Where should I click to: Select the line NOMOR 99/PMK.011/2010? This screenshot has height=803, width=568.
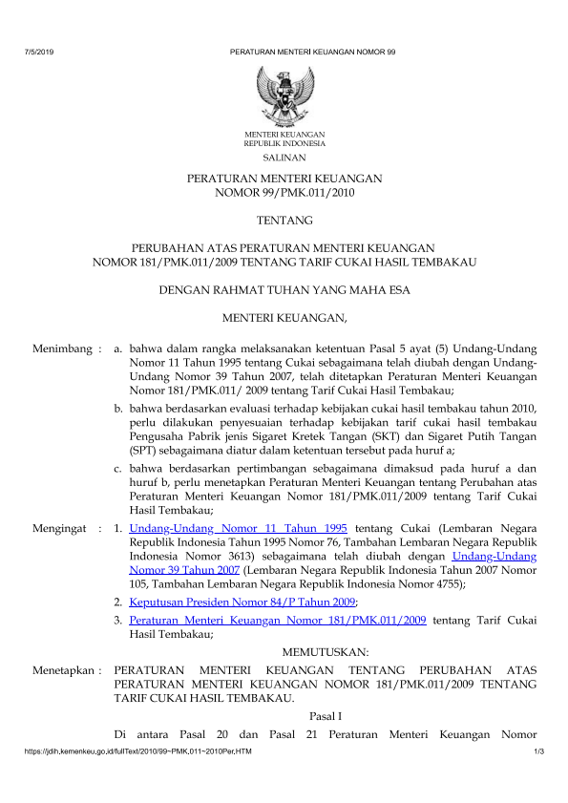(x=284, y=192)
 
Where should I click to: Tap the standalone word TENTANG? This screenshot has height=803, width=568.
(x=284, y=219)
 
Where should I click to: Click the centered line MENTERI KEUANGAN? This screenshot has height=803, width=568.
(x=284, y=316)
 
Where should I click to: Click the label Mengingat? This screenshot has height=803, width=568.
(x=60, y=527)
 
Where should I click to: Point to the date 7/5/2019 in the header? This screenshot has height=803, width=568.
(x=37, y=50)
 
